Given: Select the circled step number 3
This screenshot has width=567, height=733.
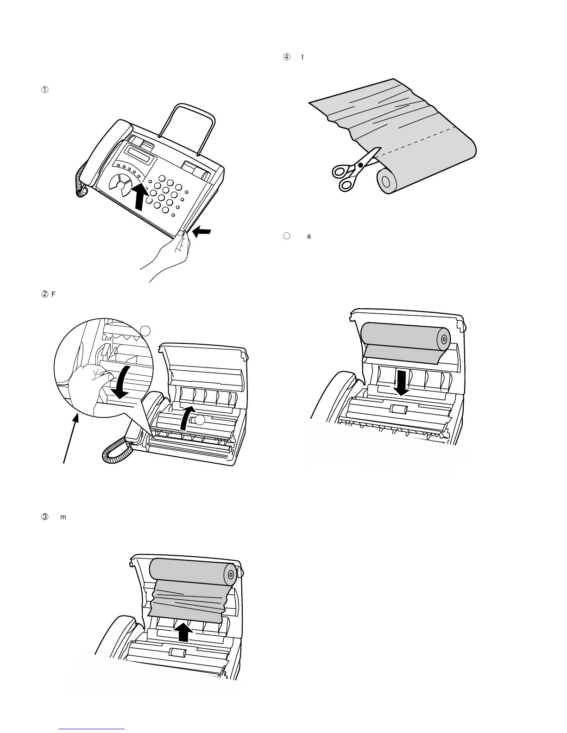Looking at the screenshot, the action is [x=45, y=516].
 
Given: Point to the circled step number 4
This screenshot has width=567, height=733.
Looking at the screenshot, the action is [x=286, y=57].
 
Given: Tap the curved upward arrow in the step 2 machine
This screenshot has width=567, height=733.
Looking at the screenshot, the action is [x=187, y=419].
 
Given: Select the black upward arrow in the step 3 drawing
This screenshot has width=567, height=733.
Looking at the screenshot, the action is [x=184, y=632].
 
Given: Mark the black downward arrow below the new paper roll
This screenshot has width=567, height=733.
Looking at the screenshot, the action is [x=401, y=382].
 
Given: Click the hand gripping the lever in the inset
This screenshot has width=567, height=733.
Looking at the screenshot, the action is [x=90, y=379].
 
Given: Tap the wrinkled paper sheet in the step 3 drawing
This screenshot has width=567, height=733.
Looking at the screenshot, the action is [x=188, y=599].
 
